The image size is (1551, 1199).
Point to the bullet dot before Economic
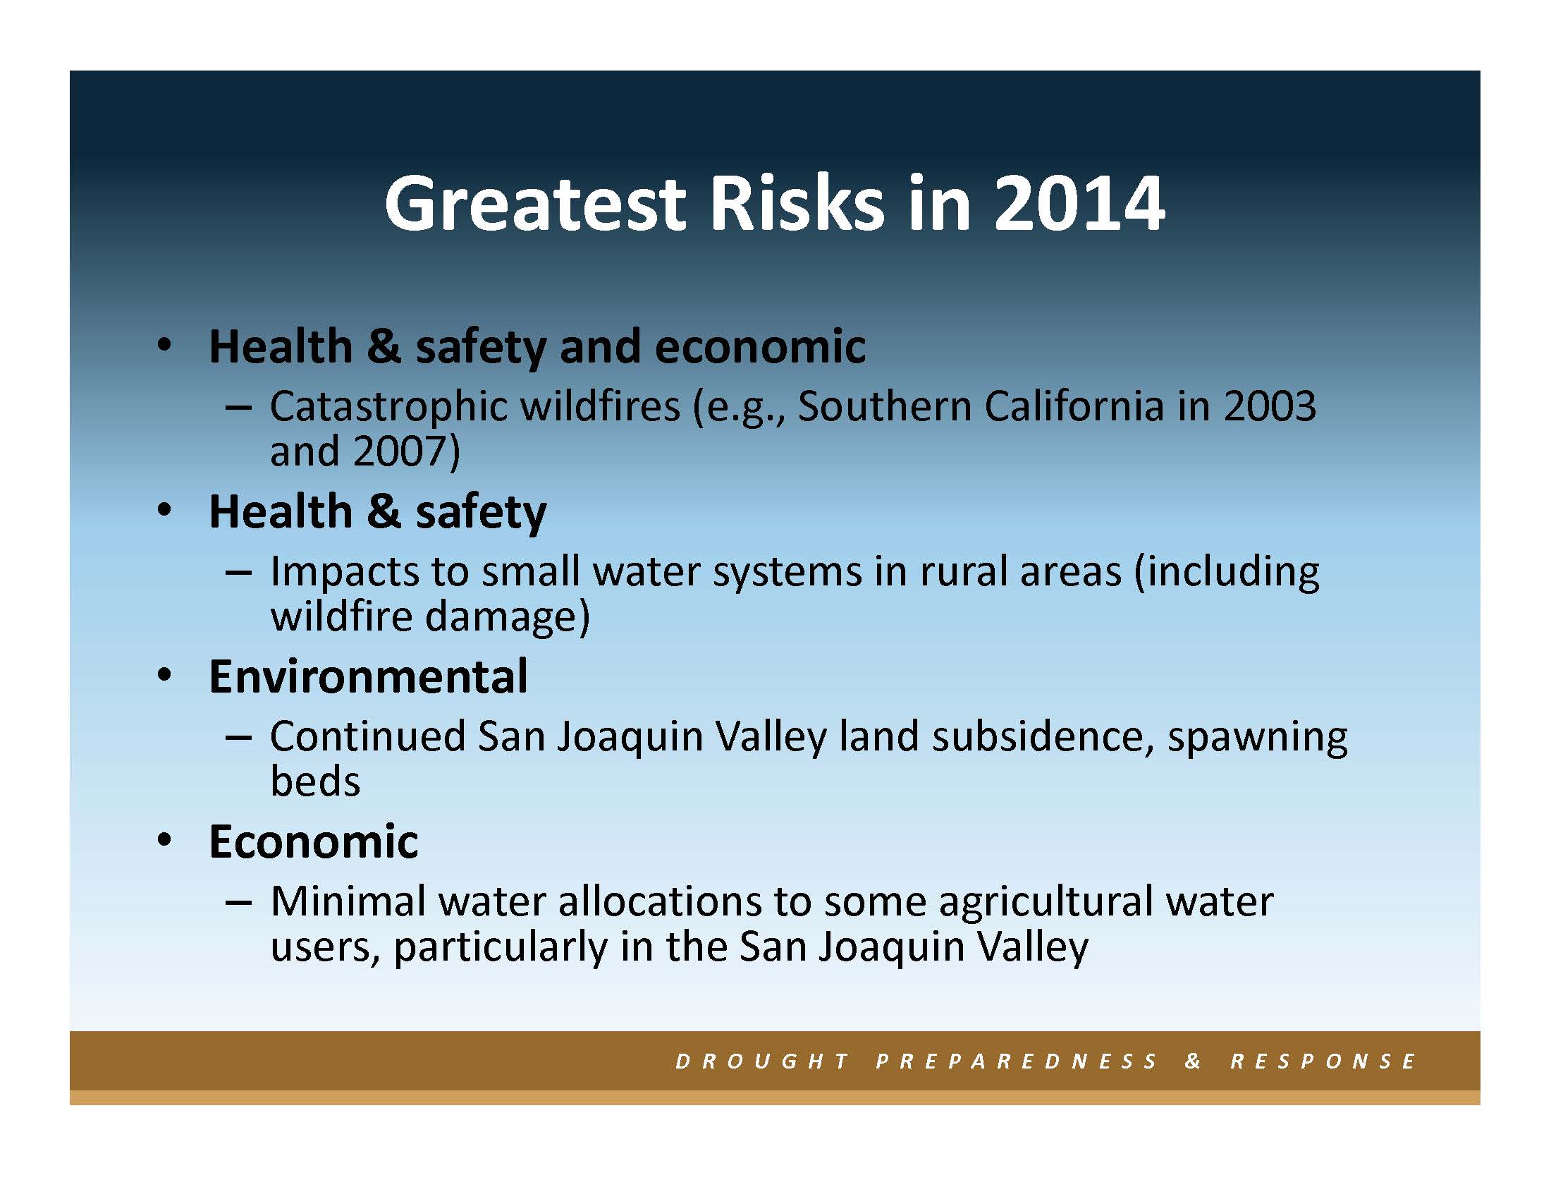click(165, 841)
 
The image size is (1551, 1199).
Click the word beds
click(315, 781)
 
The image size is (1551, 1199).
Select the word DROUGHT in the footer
click(763, 1061)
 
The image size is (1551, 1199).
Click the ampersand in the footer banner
click(1193, 1061)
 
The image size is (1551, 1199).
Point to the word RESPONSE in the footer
click(1323, 1061)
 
